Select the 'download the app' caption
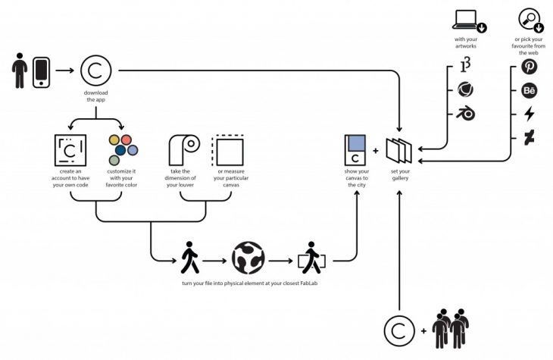pos(97,95)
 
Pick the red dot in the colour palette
pos(127,140)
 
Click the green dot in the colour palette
pos(114,160)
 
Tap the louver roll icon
pos(182,149)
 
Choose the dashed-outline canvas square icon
pos(229,150)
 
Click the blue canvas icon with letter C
pos(356,150)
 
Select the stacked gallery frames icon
pos(399,150)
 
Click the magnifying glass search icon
pos(529,18)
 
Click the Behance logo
pos(530,92)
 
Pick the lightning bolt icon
pos(530,115)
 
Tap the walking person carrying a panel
pos(311,259)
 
